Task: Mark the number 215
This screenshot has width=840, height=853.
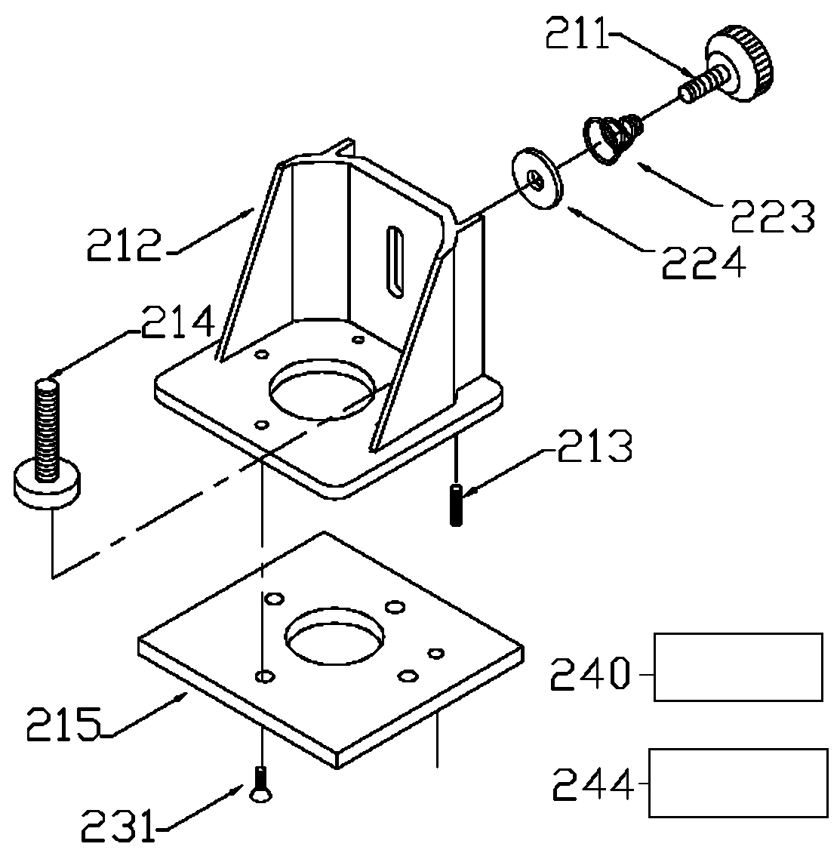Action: pyautogui.click(x=63, y=725)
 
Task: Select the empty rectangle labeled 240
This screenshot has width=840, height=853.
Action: pyautogui.click(x=738, y=667)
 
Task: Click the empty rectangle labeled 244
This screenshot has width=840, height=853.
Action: pyautogui.click(x=738, y=783)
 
